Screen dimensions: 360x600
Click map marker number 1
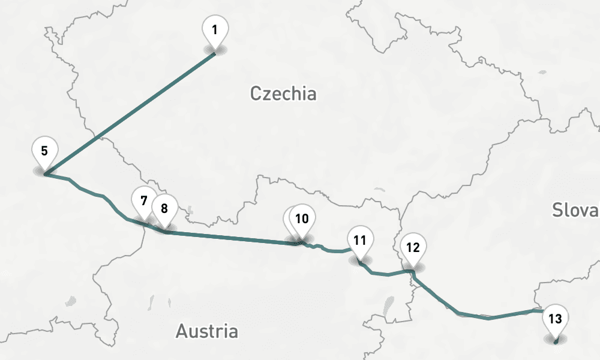215,29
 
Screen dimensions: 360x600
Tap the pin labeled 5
45,150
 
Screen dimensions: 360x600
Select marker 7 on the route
143,200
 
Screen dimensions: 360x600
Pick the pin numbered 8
164,208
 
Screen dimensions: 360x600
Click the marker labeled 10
302,218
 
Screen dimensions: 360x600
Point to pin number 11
360,241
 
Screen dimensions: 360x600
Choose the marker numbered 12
413,247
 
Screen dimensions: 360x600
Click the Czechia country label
283,94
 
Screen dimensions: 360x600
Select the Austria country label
207,331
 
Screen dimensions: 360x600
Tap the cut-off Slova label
575,210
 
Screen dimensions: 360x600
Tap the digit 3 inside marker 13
559,318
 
